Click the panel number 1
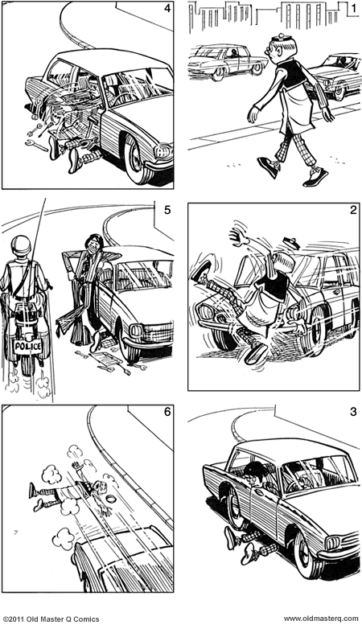tap(352, 9)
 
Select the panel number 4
tap(167, 9)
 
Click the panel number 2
tap(352, 211)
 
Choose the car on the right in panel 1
tap(333, 74)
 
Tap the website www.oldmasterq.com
tap(320, 619)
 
